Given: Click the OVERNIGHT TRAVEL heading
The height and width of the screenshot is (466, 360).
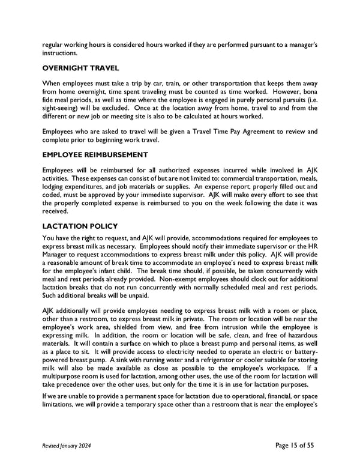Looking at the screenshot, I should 81,68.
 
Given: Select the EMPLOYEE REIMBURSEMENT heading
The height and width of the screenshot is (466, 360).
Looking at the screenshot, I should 95,155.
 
